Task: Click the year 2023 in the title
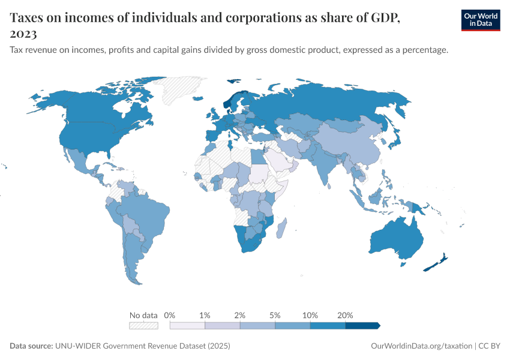23,34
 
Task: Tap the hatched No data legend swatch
143,326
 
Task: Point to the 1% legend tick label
205,315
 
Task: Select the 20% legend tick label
346,315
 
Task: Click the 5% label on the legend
275,315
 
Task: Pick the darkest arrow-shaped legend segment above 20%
362,326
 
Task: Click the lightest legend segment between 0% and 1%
187,326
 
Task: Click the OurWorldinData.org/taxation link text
422,346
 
